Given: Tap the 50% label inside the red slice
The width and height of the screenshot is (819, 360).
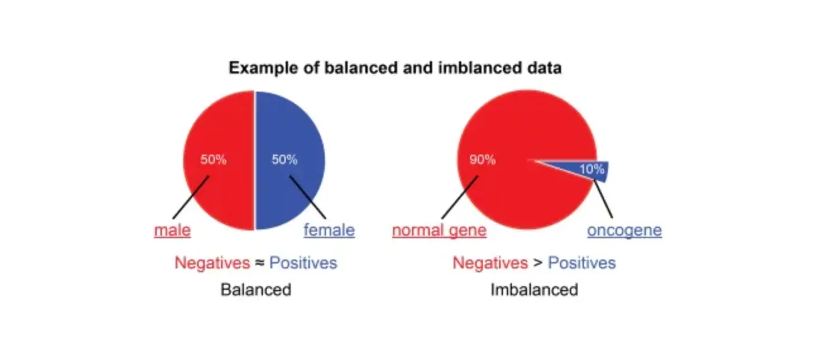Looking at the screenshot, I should point(213,160).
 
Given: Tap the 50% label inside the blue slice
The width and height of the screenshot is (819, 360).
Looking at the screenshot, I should point(284,160).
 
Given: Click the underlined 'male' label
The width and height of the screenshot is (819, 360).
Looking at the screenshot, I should point(173,231).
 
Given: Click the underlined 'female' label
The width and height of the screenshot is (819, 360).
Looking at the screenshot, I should point(329,231).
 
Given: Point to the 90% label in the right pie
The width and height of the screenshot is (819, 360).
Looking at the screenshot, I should point(482,160).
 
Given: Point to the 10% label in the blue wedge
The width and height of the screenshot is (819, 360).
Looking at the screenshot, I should point(592,169).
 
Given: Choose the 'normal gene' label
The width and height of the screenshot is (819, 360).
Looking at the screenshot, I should point(439,231).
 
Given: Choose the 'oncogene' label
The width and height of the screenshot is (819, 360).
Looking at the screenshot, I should point(624,231).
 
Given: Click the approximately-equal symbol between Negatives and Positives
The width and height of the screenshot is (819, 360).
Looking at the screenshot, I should point(259,263).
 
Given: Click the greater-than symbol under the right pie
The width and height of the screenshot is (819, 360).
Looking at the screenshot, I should point(537,263).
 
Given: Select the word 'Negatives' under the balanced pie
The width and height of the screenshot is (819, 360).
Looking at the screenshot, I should point(212,263).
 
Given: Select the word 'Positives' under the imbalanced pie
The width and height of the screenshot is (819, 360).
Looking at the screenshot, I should point(581,263).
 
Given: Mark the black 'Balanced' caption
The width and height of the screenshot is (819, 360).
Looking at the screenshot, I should point(256,290).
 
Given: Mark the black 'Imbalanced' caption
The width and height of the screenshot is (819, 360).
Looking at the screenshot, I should point(534,290).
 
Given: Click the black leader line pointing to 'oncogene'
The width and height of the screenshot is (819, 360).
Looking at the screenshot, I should point(604,199).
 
